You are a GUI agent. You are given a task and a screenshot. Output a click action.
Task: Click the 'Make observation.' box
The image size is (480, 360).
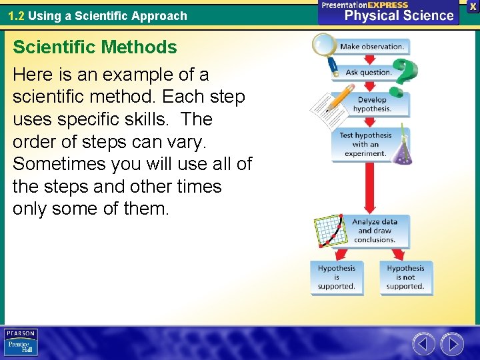pyautogui.click(x=371, y=47)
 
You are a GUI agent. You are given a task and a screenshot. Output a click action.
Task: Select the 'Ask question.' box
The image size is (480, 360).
pyautogui.click(x=367, y=72)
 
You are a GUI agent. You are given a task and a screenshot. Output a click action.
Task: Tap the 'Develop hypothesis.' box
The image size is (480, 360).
pyautogui.click(x=371, y=105)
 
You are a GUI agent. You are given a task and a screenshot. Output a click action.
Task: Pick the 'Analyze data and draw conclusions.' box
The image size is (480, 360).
pyautogui.click(x=374, y=231)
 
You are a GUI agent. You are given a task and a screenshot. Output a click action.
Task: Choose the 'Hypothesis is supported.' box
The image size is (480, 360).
pyautogui.click(x=337, y=277)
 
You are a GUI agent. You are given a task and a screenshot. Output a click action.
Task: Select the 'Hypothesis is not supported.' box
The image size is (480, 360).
pyautogui.click(x=405, y=277)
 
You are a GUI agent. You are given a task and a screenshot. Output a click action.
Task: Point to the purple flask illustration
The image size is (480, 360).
pyautogui.click(x=401, y=150)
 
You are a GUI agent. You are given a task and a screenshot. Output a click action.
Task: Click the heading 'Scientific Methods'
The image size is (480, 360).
pyautogui.click(x=95, y=47)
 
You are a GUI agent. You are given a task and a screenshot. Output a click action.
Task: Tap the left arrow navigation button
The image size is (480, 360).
pyautogui.click(x=423, y=344)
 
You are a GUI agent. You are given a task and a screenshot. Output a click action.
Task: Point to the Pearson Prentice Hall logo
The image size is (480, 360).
pyautogui.click(x=21, y=342)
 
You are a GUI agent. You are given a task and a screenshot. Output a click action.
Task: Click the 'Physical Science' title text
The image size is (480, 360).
pyautogui.click(x=399, y=15)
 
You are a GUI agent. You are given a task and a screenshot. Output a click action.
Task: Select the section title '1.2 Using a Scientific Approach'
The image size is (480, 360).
pyautogui.click(x=97, y=15)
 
